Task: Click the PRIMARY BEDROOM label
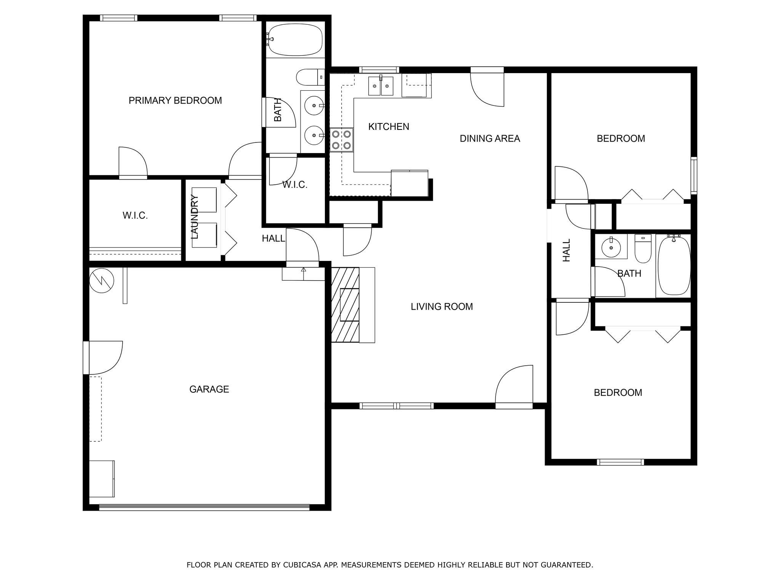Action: click(x=175, y=101)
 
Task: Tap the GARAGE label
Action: click(x=209, y=389)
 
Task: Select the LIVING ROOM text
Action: click(x=442, y=307)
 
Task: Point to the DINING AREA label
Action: click(x=490, y=139)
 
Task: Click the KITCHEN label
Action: click(x=388, y=127)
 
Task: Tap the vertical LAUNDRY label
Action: click(x=194, y=217)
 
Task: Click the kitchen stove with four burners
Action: click(x=342, y=140)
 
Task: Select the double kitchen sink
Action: click(x=380, y=86)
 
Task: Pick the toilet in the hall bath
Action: click(x=643, y=248)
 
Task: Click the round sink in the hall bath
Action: click(x=611, y=248)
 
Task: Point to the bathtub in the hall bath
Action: click(x=674, y=265)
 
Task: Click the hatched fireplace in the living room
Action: click(x=345, y=305)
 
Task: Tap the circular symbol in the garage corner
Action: click(x=102, y=281)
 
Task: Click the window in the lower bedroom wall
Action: click(x=620, y=462)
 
